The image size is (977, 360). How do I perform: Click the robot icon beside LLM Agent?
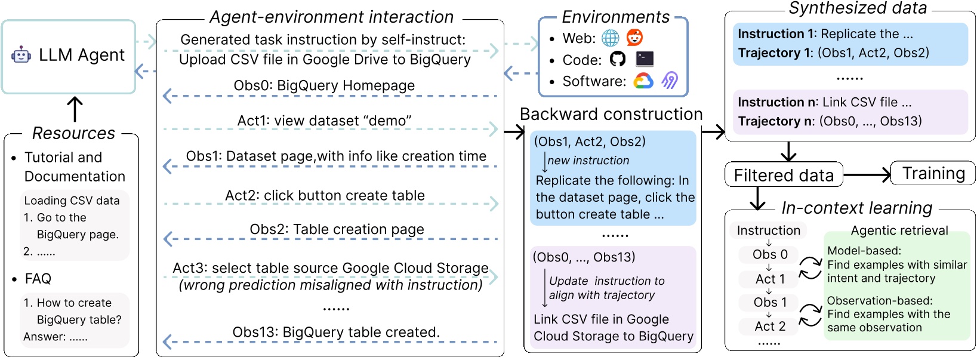pos(21,56)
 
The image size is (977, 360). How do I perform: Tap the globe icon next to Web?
pos(611,38)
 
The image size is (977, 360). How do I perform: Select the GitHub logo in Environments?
pos(618,59)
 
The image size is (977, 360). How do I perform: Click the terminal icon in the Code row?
pos(645,59)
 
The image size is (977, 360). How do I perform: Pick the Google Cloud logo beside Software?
pos(643,81)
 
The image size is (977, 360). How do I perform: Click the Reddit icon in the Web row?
pos(635,38)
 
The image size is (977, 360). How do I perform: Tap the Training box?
pos(933,173)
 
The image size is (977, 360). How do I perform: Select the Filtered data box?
pos(784,175)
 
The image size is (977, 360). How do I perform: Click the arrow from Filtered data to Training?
pos(867,174)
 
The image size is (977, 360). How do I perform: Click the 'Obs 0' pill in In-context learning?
pos(770,254)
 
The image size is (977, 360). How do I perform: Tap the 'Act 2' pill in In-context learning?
pos(770,326)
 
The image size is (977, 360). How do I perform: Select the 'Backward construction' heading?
pos(611,114)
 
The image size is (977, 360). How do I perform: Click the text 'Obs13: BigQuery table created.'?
pos(335,332)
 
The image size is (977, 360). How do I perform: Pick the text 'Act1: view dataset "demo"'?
pos(324,121)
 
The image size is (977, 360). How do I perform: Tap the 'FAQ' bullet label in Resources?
pos(38,279)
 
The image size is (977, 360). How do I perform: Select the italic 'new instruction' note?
pos(588,161)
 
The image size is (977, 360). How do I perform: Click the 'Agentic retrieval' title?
pos(899,230)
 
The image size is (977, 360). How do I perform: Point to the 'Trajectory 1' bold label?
pos(775,53)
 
